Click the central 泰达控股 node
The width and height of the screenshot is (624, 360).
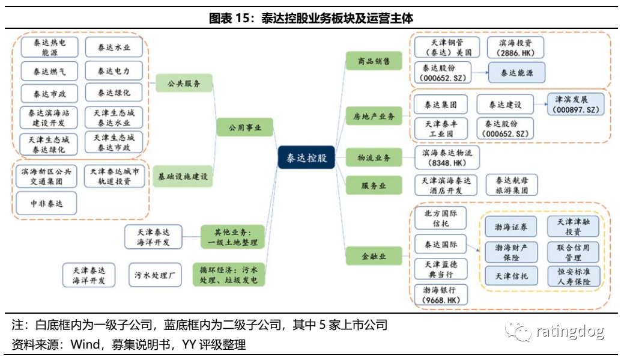point(306,159)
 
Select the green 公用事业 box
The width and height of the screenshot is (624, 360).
point(245,127)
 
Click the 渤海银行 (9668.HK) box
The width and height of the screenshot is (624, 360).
point(441,294)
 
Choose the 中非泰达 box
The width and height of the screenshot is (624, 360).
point(46,204)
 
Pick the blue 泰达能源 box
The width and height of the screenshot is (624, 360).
point(516,73)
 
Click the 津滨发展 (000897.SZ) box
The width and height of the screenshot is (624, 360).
point(575,103)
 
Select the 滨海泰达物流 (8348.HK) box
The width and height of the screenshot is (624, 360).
point(447,157)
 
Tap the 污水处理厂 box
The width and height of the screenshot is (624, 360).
point(154,275)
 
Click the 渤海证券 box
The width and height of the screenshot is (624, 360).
point(511,227)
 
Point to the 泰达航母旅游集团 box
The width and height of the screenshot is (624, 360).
point(512,185)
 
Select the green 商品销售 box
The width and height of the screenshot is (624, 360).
point(374,61)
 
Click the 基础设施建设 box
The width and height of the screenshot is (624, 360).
point(183,177)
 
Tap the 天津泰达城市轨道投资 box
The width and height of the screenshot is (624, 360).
point(114,176)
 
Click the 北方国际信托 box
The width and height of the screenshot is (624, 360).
point(441,218)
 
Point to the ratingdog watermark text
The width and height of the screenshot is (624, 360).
point(568,331)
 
